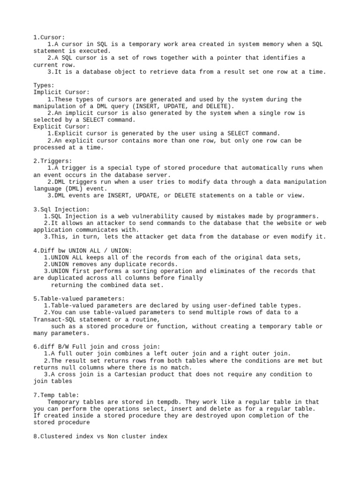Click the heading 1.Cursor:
(49, 37)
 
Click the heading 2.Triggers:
(52, 161)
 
